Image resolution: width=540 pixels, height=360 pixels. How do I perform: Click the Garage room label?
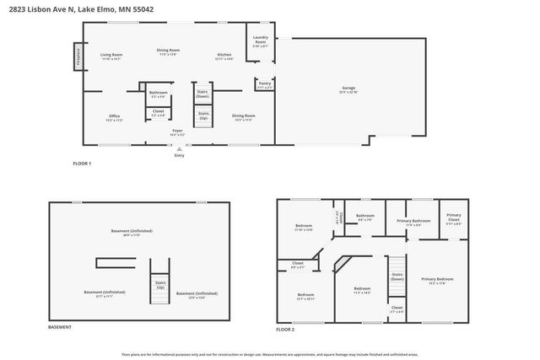tap(348, 89)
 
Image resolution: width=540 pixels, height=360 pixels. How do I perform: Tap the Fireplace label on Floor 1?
tap(78, 57)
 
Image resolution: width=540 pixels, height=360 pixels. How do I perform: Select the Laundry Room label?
tap(260, 40)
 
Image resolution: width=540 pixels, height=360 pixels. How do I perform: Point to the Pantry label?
tap(264, 84)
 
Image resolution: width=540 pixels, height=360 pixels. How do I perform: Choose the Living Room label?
tap(111, 56)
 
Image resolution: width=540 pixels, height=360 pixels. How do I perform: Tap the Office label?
tap(114, 116)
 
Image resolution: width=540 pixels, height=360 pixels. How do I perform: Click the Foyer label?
tap(177, 131)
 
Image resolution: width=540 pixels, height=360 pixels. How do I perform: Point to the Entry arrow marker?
tap(179, 148)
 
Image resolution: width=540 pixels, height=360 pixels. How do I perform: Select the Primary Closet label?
tap(453, 218)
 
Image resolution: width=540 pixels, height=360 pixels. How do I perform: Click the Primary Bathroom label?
tap(413, 222)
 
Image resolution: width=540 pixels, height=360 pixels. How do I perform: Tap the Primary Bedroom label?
tap(437, 280)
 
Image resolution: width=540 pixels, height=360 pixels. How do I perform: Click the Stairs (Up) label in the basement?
tap(160, 285)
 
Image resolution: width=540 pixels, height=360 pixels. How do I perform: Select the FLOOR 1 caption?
tap(82, 163)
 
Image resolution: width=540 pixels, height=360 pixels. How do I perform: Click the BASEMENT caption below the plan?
tap(59, 327)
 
